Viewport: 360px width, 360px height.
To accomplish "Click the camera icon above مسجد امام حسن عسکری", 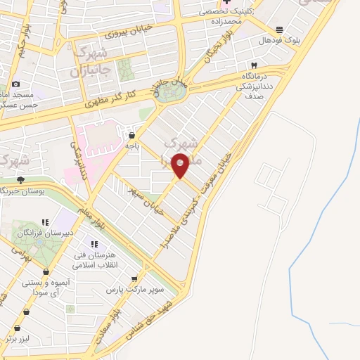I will pos(15,84).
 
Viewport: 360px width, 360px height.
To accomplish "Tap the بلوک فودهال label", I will pos(280,40).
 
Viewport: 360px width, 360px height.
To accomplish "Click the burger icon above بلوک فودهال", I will pos(280,30).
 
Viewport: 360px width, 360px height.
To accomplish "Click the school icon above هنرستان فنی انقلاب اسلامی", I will pos(94,244).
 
